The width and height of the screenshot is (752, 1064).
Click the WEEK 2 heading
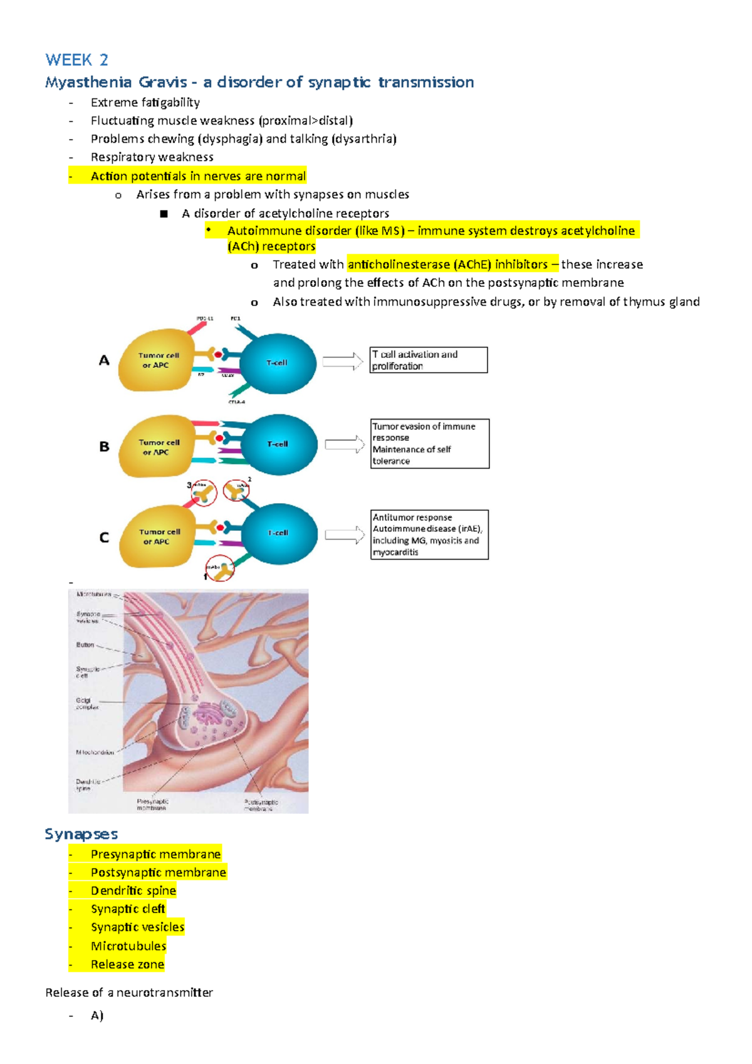click(76, 60)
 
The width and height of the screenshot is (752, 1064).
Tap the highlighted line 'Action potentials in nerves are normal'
click(197, 176)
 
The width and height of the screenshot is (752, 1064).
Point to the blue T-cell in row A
click(278, 363)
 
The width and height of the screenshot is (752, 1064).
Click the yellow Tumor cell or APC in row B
click(157, 447)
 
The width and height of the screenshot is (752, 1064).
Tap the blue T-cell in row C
click(279, 533)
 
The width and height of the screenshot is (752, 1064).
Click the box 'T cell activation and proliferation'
click(428, 360)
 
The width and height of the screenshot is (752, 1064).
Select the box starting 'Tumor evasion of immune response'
click(429, 444)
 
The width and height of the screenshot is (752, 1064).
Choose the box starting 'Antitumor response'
click(429, 535)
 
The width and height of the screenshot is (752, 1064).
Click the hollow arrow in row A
click(343, 362)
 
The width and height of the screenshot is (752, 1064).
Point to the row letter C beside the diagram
click(104, 538)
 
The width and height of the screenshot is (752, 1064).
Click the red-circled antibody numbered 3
click(204, 493)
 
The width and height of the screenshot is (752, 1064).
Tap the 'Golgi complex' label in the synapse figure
click(87, 704)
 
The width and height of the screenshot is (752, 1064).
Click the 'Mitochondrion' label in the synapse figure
click(95, 752)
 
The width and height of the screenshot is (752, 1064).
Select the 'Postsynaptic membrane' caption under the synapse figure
click(261, 805)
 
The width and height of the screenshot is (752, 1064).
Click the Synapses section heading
click(81, 834)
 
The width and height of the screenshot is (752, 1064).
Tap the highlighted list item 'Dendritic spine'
click(133, 890)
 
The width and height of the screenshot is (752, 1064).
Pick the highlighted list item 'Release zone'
click(127, 964)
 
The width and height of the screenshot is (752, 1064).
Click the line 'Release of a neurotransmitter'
click(129, 993)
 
